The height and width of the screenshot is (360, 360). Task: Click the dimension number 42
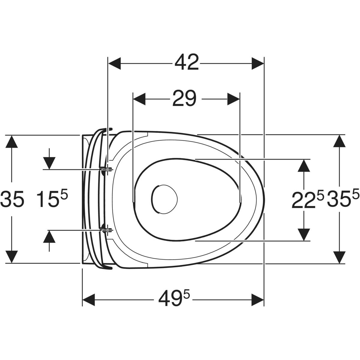[186, 62]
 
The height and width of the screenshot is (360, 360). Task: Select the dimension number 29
[184, 98]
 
